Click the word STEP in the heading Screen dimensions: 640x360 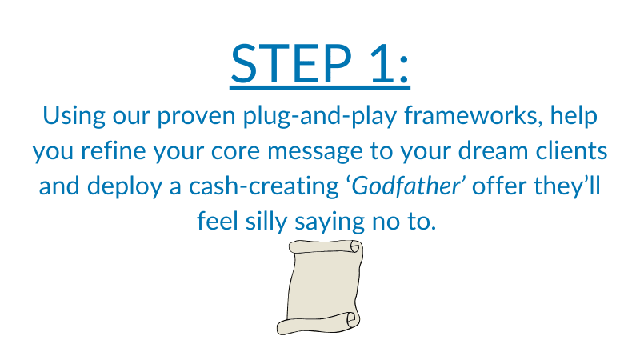pos(291,64)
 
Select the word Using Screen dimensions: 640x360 pos(74,116)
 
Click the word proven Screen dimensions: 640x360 pos(196,118)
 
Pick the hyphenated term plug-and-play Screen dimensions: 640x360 pos(320,116)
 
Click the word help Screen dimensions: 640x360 pos(574,116)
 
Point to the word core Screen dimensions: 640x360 pos(235,152)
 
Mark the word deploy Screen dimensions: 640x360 pos(125,187)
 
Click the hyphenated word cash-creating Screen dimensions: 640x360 pos(264,187)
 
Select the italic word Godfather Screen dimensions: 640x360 pos(406,186)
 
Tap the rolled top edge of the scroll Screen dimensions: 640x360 pos(326,247)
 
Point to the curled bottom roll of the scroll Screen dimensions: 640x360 pos(318,323)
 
